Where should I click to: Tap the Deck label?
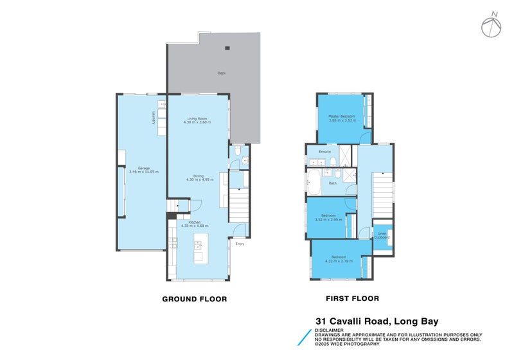pyautogui.click(x=221, y=73)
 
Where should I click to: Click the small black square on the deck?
pyautogui.click(x=226, y=48)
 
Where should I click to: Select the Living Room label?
pyautogui.click(x=197, y=119)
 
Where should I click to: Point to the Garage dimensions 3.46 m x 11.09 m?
pyautogui.click(x=144, y=172)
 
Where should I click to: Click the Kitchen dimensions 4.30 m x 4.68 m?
pyautogui.click(x=195, y=226)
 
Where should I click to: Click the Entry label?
pyautogui.click(x=240, y=244)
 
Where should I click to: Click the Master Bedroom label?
pyautogui.click(x=342, y=116)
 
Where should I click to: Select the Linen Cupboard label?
pyautogui.click(x=382, y=235)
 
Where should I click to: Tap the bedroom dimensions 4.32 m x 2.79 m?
pyautogui.click(x=339, y=260)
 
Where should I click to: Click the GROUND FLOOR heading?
pyautogui.click(x=194, y=299)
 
